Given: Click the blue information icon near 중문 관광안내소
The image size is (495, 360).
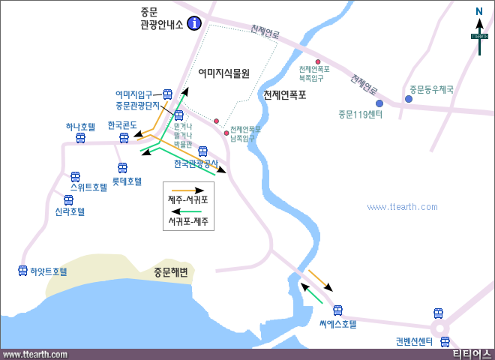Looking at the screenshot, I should tap(195, 22).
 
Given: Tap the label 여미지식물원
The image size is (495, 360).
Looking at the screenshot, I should tap(223, 73).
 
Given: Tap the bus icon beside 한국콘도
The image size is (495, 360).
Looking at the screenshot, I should tap(124, 138).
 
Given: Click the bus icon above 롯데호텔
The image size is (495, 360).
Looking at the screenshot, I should tap(122, 168).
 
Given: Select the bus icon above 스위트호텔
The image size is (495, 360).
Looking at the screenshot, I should tap(75, 177).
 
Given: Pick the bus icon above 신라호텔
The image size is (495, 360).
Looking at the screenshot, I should tap(68, 200).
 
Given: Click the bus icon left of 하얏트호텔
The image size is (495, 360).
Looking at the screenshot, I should tap(22, 271).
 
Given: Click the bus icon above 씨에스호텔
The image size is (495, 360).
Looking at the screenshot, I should tap(337, 310).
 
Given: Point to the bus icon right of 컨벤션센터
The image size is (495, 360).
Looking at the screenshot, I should tap(445, 342).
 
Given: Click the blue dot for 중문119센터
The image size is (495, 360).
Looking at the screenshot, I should tap(379, 103).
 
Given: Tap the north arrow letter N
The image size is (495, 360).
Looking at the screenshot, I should tap(478, 10).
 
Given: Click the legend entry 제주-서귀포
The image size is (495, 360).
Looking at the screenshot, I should tap(187, 199).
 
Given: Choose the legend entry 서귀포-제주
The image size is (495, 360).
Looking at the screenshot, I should tap(187, 222).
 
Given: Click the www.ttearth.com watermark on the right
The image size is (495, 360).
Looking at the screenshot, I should tap(409, 207).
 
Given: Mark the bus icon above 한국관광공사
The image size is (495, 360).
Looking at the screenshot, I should tap(202, 151).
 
